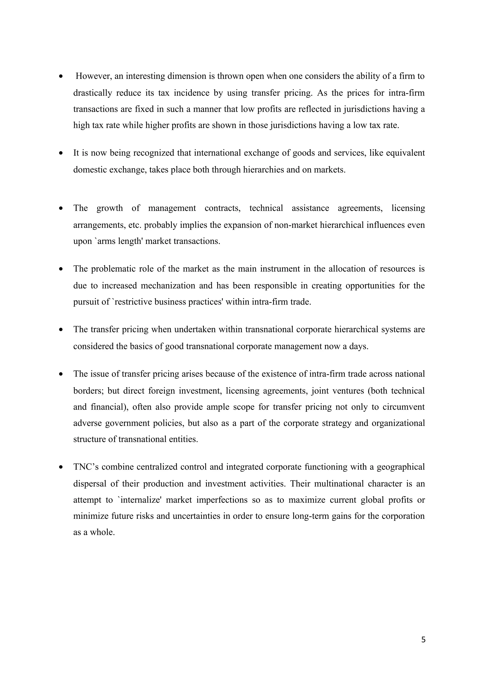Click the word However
pos(94,76)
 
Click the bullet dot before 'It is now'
pos(61,153)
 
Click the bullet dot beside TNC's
pos(61,467)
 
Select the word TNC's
pos(86,467)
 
